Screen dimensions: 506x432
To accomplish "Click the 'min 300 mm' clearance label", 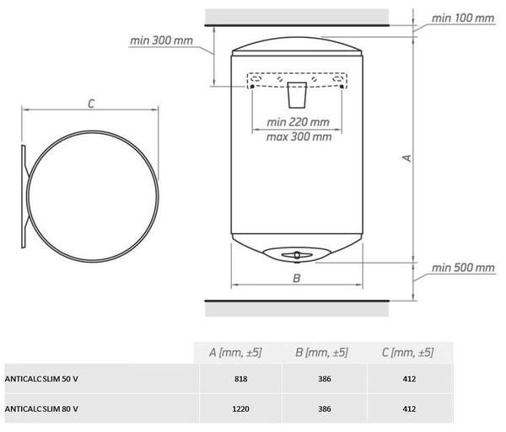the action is [x=161, y=40].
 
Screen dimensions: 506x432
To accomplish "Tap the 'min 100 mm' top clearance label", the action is [x=463, y=18].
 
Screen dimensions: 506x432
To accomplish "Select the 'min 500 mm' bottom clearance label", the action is [x=463, y=268].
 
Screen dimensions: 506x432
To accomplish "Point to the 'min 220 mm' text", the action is [x=299, y=122].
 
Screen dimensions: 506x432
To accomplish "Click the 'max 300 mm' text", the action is [x=299, y=137].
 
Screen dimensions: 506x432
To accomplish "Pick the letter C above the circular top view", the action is [x=91, y=104].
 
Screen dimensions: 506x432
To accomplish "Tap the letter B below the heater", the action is [x=297, y=278].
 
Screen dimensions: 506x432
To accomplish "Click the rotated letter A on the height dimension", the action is [x=407, y=157].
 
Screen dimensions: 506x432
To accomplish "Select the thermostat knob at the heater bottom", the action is [x=297, y=255].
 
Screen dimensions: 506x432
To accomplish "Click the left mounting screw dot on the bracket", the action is [x=252, y=87].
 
